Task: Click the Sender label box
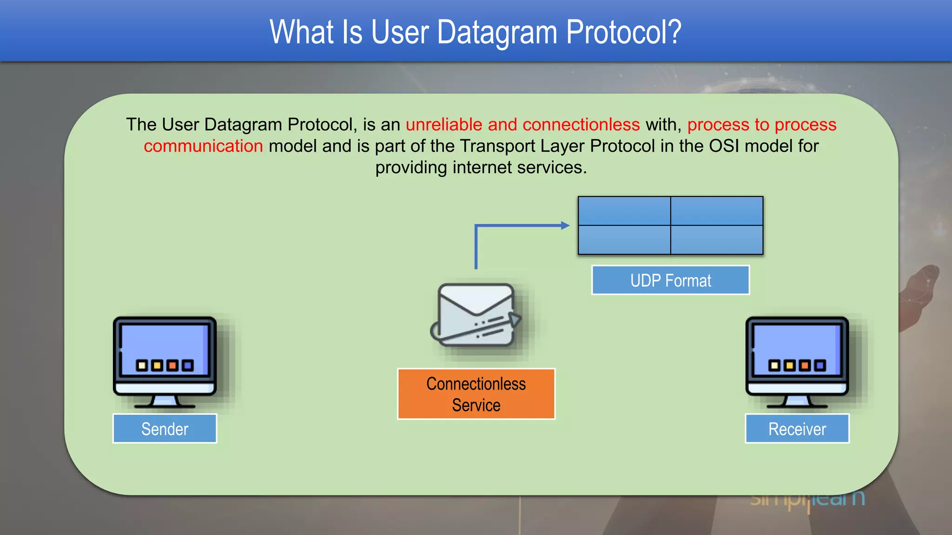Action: coord(165,429)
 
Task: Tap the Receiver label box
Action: coord(797,429)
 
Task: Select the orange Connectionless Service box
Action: coord(476,394)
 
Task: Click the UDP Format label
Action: coord(670,280)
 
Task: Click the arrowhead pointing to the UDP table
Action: coord(565,226)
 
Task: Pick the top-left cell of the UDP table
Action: coord(624,211)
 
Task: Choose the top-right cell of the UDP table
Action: coord(717,211)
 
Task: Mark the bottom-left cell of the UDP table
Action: coord(624,240)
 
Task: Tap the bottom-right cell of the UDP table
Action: coord(717,240)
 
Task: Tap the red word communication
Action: coord(203,146)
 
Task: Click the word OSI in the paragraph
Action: coord(724,146)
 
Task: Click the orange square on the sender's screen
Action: coord(172,365)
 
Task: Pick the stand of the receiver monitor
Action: coord(797,401)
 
